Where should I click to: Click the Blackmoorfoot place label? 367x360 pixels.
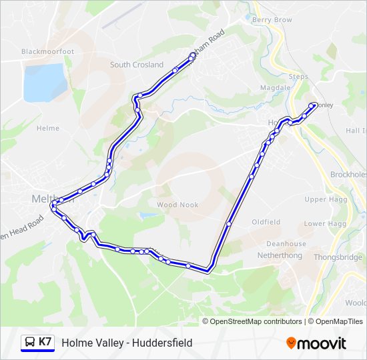(x=47, y=51)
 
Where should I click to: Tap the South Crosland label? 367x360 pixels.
(x=137, y=65)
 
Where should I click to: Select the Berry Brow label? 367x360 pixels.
(x=272, y=20)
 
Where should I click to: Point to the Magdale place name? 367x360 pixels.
(x=274, y=88)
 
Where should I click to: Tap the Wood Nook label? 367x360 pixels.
(x=177, y=205)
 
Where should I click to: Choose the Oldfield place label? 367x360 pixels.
(x=266, y=222)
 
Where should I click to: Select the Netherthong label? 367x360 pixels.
(x=282, y=255)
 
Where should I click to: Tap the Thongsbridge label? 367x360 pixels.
(x=338, y=255)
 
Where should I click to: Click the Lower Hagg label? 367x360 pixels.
(x=324, y=224)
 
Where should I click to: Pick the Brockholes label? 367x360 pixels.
(x=348, y=174)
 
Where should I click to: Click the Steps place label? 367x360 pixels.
(x=298, y=77)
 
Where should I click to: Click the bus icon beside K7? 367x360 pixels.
(x=30, y=342)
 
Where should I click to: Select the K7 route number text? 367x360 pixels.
(x=45, y=342)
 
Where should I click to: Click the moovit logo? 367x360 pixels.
(x=316, y=343)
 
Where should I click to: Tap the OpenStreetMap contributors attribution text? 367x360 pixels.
(x=256, y=321)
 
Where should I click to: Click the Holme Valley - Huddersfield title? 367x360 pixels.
(x=127, y=343)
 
